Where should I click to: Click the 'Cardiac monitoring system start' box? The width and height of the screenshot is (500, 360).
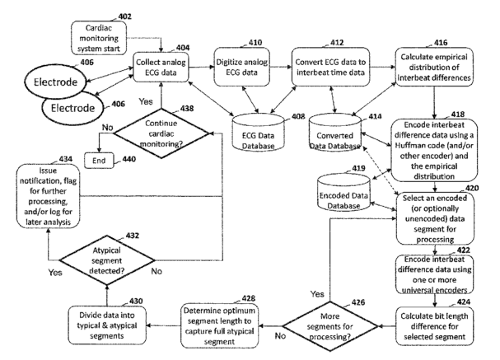pyautogui.click(x=99, y=38)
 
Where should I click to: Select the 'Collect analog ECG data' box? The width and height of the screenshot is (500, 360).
pyautogui.click(x=161, y=67)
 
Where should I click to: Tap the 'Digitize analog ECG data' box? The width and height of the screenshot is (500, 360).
pyautogui.click(x=241, y=67)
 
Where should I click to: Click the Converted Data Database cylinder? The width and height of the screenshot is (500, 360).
pyautogui.click(x=334, y=133)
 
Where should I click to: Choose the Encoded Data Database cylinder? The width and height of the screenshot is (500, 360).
pyautogui.click(x=343, y=192)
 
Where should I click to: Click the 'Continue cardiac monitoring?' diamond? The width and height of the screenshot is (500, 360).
pyautogui.click(x=161, y=133)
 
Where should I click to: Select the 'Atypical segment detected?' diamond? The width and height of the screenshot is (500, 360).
pyautogui.click(x=107, y=260)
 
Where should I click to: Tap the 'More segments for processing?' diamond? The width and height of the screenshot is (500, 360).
pyautogui.click(x=329, y=326)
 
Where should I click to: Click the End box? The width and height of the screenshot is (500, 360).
pyautogui.click(x=99, y=161)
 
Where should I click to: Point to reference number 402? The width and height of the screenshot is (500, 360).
pyautogui.click(x=124, y=16)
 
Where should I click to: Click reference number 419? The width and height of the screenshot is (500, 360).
pyautogui.click(x=358, y=168)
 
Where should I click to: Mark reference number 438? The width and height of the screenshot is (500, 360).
pyautogui.click(x=187, y=109)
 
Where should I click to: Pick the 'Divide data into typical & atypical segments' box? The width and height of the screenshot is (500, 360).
pyautogui.click(x=107, y=325)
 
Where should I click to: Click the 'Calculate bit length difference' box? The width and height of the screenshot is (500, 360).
pyautogui.click(x=434, y=326)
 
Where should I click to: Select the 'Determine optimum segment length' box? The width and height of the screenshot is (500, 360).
pyautogui.click(x=219, y=326)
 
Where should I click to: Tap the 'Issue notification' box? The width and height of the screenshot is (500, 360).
pyautogui.click(x=48, y=196)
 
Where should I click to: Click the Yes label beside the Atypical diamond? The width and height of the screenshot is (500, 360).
pyautogui.click(x=55, y=273)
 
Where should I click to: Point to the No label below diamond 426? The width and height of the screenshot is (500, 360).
pyautogui.click(x=280, y=336)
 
